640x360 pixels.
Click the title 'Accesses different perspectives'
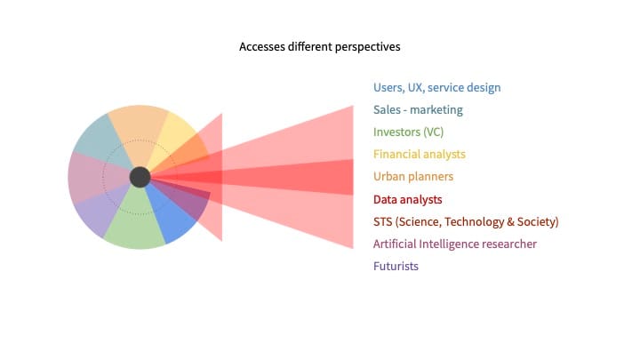319,45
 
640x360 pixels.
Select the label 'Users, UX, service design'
436,88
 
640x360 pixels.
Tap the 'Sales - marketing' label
418,110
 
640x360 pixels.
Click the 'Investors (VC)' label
409,132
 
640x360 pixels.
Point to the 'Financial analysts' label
419,155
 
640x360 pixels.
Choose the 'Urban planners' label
413,177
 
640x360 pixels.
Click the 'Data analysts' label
407,199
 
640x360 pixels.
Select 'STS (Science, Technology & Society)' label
466,221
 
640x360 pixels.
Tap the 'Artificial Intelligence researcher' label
455,244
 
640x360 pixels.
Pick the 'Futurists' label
396,266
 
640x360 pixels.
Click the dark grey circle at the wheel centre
140,177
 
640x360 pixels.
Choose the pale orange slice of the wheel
138,129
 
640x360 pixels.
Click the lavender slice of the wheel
99,213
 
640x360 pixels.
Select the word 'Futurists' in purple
396,266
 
